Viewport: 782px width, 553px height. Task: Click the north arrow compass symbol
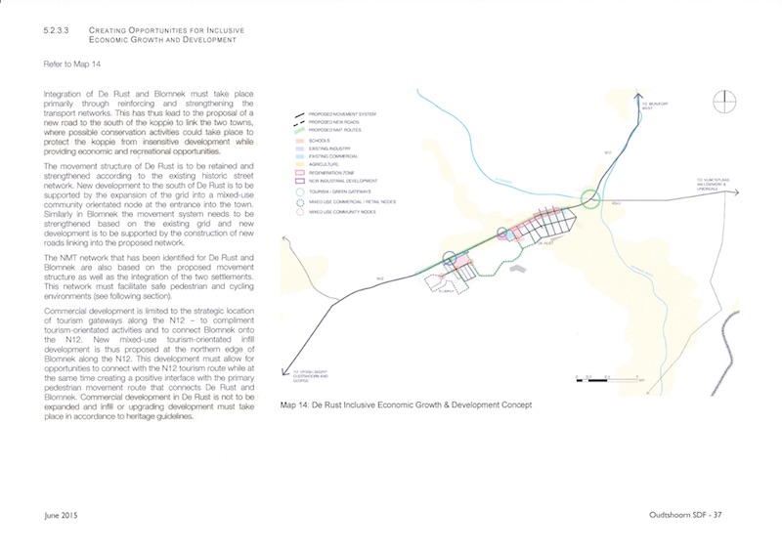pyautogui.click(x=725, y=101)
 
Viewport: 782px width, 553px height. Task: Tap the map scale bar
pyautogui.click(x=597, y=372)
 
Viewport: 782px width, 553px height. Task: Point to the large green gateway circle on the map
pyautogui.click(x=591, y=200)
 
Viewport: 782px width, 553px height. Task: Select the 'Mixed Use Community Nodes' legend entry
pyautogui.click(x=334, y=207)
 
